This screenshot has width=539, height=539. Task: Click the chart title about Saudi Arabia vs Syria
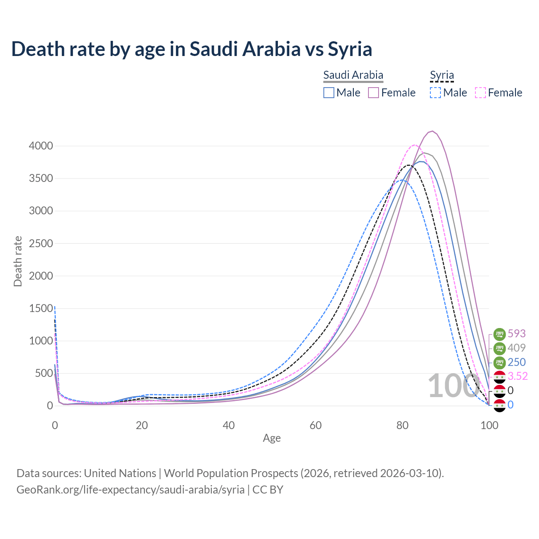point(192,49)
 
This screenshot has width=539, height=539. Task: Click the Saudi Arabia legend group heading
point(353,75)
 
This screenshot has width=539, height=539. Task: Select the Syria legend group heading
point(442,75)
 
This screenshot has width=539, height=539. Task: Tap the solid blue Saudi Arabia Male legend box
point(329,93)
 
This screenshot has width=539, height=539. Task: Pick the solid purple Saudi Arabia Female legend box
point(374,93)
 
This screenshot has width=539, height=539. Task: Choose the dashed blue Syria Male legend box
point(435,93)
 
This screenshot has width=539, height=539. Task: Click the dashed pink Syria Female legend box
point(480,93)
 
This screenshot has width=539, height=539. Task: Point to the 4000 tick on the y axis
point(41,146)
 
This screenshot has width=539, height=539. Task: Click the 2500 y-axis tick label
point(41,243)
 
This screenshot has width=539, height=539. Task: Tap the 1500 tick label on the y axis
point(41,308)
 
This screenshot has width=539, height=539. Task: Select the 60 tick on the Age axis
point(315,425)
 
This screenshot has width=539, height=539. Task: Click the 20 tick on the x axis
point(141,425)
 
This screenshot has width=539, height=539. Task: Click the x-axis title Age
point(272,438)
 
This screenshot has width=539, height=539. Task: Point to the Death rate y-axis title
point(18,261)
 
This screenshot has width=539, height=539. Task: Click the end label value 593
point(517,334)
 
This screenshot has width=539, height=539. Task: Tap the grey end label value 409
point(517,348)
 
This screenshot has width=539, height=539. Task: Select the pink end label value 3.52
point(518,376)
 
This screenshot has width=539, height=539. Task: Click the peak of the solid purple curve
point(432,131)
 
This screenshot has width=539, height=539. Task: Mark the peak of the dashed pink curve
point(415,145)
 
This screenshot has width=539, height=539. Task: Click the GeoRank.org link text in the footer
point(131,490)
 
